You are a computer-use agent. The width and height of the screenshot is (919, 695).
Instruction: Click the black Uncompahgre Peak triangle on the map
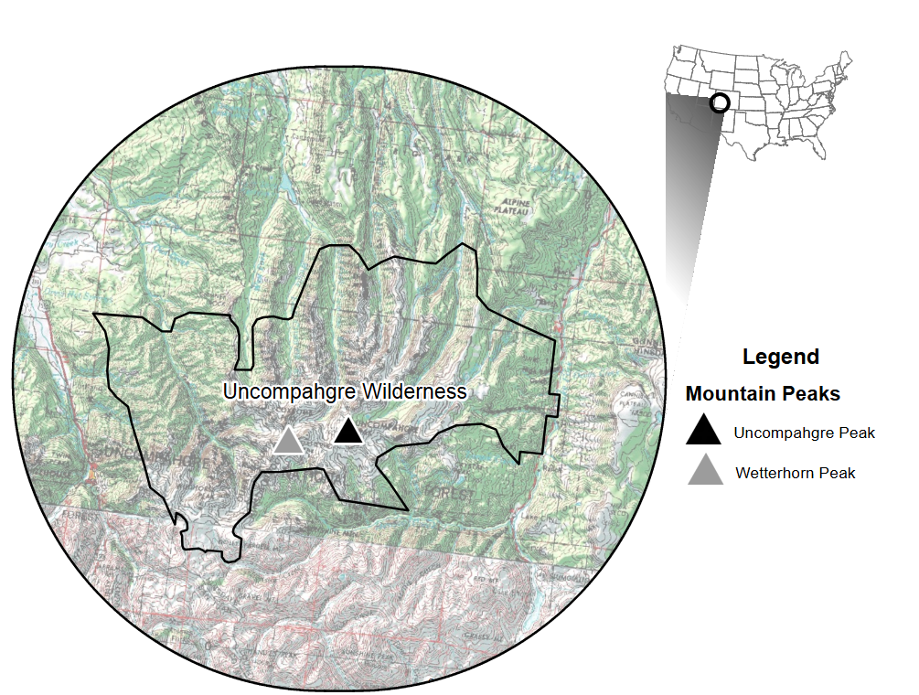point(347,431)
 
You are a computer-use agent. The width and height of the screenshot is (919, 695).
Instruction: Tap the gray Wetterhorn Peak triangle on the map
point(288,441)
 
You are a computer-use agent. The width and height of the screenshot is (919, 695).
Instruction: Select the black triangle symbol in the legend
point(704,431)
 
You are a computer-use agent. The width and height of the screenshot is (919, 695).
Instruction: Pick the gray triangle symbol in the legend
point(705,471)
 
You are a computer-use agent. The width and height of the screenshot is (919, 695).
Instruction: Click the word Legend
point(780,357)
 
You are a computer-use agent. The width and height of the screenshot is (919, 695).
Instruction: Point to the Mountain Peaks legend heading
point(763,394)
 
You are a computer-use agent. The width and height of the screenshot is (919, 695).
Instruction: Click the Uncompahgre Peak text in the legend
point(805,433)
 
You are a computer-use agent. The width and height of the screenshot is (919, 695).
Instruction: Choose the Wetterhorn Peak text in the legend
point(796,473)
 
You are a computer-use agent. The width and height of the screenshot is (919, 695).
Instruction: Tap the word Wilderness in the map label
point(412,391)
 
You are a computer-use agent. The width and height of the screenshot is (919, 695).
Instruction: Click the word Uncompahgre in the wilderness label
point(289,391)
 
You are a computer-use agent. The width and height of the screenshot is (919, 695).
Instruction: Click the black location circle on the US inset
point(720,102)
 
